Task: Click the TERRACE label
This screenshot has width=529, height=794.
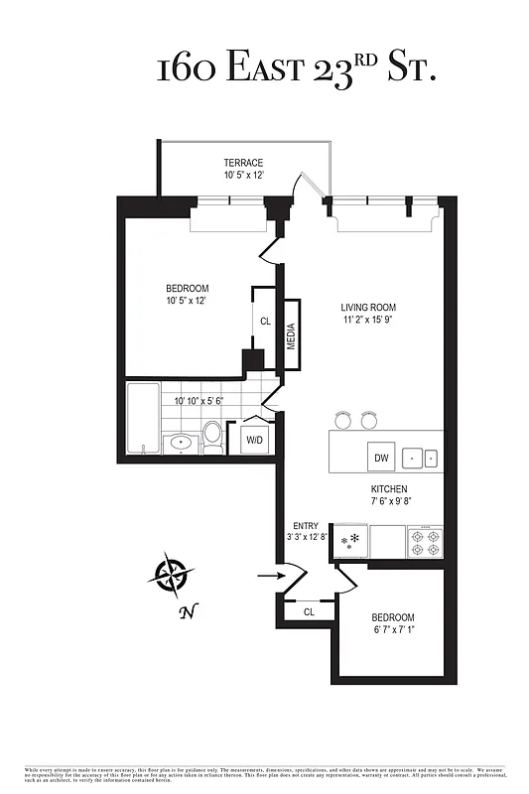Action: click(242, 162)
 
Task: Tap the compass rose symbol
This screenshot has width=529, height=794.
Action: click(172, 575)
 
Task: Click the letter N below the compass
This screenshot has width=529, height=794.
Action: click(185, 612)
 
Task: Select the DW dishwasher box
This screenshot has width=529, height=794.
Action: click(381, 458)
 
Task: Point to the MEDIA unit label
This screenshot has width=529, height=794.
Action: click(292, 336)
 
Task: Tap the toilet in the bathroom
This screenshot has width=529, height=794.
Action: click(212, 437)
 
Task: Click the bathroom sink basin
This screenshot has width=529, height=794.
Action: click(181, 443)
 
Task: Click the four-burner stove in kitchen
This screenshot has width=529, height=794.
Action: click(425, 542)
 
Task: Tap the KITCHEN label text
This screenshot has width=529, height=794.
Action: click(389, 489)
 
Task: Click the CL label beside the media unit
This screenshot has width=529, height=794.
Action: click(265, 322)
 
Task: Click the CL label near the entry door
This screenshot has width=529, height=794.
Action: click(309, 613)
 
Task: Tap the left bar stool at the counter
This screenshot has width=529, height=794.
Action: click(344, 419)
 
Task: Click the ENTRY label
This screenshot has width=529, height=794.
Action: click(305, 526)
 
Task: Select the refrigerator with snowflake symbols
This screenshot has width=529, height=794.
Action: click(353, 541)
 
